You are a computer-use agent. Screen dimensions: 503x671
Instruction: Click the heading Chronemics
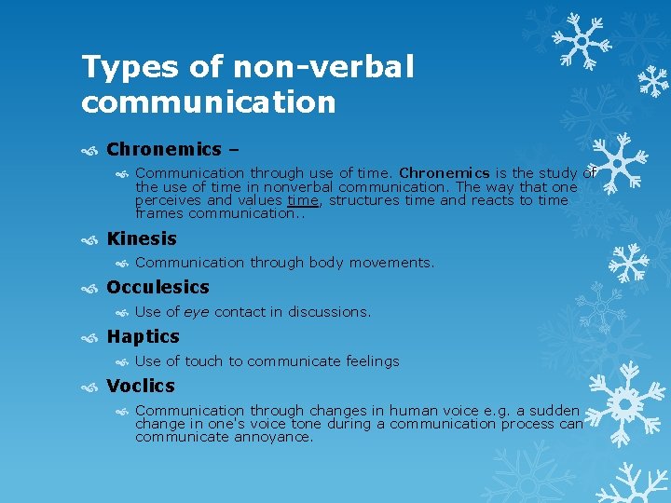click(164, 149)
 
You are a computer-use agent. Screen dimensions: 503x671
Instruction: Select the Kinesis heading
click(142, 238)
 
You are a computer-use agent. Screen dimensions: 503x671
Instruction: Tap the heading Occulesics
click(157, 288)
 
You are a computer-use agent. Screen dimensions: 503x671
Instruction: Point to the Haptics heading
click(143, 336)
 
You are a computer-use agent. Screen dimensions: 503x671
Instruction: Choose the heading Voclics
click(141, 386)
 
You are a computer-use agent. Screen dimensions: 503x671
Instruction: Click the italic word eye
click(197, 312)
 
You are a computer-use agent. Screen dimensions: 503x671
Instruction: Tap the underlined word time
click(303, 200)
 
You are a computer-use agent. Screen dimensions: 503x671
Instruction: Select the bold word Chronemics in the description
click(445, 172)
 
